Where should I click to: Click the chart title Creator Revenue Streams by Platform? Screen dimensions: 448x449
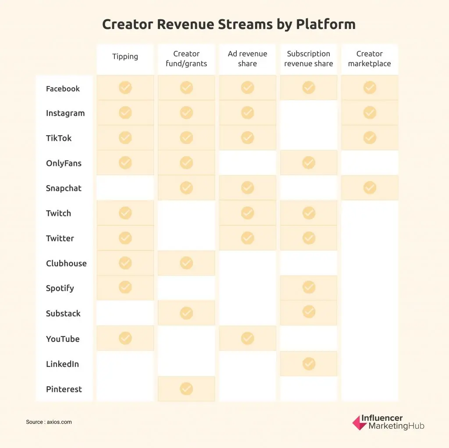click(228, 24)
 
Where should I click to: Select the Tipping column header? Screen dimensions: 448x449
click(125, 57)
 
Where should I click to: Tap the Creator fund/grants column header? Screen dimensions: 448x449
click(186, 59)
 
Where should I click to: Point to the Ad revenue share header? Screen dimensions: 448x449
click(247, 59)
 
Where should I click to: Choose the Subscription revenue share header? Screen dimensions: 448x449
click(309, 59)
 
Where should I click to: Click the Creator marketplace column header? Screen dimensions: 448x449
click(370, 59)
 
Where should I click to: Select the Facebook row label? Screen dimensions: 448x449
click(63, 89)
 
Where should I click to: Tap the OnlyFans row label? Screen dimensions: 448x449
click(64, 163)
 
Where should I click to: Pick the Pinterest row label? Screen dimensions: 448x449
click(64, 389)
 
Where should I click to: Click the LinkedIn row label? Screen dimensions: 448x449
click(63, 364)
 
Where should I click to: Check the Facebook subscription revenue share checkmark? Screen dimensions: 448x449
click(309, 88)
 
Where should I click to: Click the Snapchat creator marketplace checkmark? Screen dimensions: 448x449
click(370, 188)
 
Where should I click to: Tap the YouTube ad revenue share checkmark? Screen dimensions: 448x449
click(247, 338)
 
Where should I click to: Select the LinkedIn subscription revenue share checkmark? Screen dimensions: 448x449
click(309, 364)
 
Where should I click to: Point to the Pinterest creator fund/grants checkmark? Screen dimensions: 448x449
click(186, 389)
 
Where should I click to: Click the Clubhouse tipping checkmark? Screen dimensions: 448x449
click(125, 263)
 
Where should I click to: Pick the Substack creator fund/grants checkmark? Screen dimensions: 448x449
click(186, 313)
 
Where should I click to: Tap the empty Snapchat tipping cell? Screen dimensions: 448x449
click(125, 188)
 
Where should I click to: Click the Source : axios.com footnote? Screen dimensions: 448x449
click(49, 422)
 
